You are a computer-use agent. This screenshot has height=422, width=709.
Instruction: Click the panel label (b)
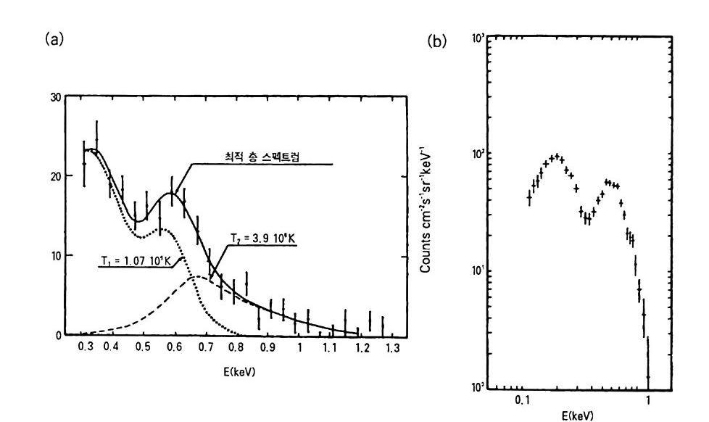coord(439,41)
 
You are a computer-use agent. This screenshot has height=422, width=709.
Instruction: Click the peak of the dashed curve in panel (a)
coord(196,276)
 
